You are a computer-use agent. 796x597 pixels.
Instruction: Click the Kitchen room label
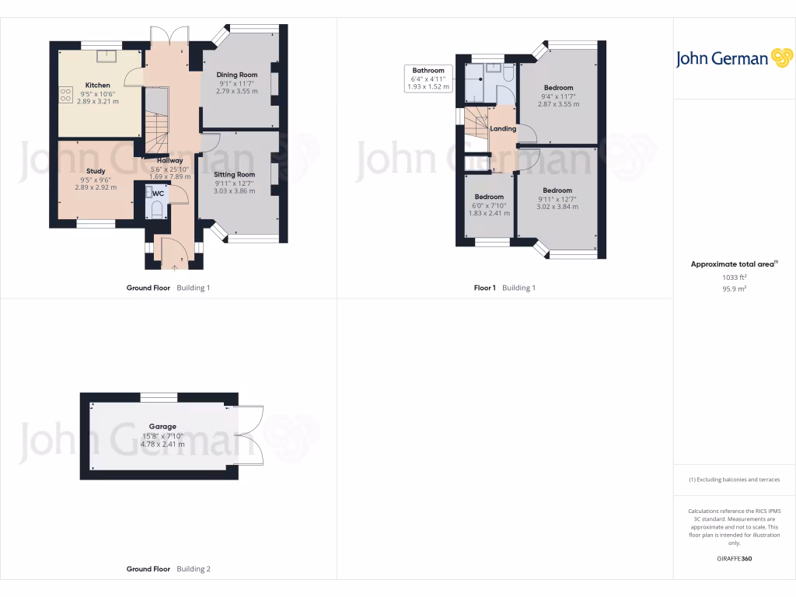pos(97,85)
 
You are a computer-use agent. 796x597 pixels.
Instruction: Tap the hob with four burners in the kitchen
pos(64,93)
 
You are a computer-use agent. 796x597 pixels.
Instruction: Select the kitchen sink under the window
pos(103,55)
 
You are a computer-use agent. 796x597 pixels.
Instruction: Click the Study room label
pos(96,171)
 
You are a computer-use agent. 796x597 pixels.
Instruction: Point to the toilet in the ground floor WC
pos(155,208)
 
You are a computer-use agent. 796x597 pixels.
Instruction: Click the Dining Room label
pos(237,75)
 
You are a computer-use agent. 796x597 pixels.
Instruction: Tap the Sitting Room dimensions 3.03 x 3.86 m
pos(234,190)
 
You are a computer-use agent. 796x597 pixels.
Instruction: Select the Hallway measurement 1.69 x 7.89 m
pos(170,176)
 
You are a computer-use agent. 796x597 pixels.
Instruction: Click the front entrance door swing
pos(173,250)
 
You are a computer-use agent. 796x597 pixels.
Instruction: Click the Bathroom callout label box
pos(428,79)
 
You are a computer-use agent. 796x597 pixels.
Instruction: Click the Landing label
pos(503,128)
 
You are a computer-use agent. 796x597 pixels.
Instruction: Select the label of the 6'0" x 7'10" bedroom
pos(489,197)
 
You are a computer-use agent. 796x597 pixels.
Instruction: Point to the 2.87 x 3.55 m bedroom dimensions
pos(558,104)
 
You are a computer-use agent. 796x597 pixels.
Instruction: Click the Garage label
pos(162,426)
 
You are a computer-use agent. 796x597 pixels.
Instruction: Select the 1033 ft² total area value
pos(734,277)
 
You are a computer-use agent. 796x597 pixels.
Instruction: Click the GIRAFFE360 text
pos(734,558)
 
